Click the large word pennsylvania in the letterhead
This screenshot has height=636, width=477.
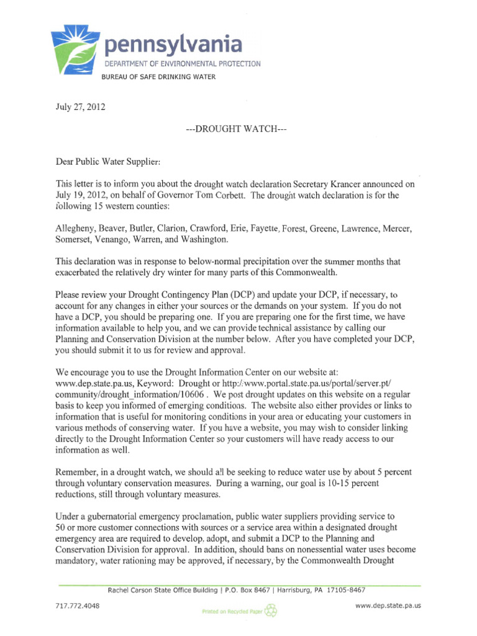(173, 45)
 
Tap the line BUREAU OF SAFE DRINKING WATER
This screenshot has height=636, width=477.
(159, 77)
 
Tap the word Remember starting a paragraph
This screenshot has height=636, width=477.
(77, 471)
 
